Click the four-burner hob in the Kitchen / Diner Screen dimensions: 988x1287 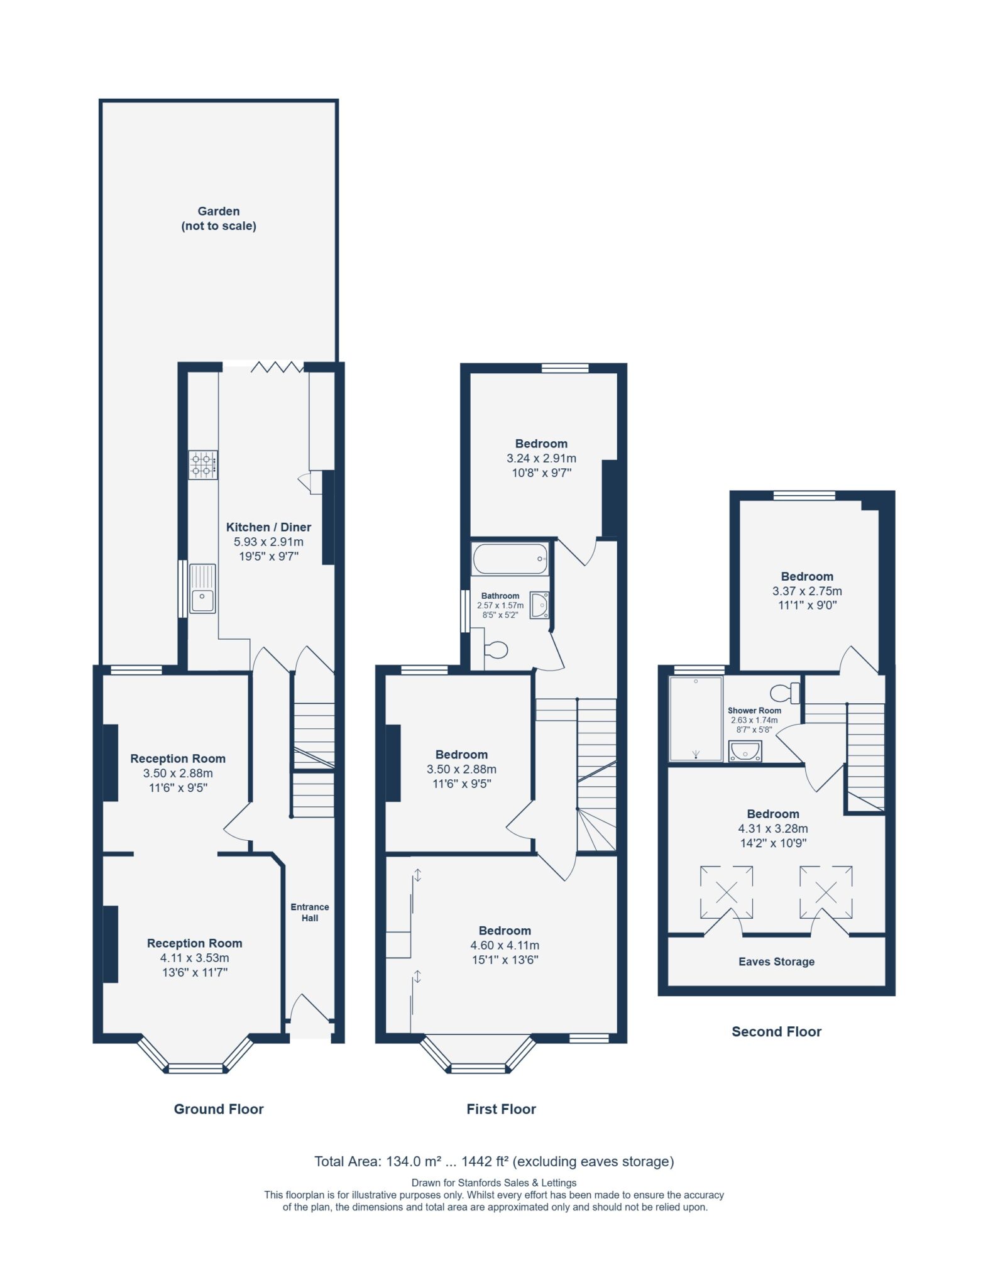pos(203,464)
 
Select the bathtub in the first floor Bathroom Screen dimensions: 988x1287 pos(510,559)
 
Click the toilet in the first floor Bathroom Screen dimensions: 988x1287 pos(495,650)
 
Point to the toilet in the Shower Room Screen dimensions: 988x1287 pos(785,693)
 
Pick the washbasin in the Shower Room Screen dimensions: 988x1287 pos(745,751)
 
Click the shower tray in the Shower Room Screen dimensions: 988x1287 pos(696,718)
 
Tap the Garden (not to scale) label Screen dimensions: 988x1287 pos(219,219)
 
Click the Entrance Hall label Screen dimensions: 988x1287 pos(310,912)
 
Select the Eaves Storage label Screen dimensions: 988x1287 pos(776,961)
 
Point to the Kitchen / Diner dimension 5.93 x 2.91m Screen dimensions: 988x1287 pos(268,542)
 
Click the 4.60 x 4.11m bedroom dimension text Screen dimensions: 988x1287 pos(505,945)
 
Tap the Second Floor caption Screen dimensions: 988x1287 pos(776,1031)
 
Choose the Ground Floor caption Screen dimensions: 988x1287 pos(219,1109)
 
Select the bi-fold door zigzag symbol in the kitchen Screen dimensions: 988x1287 pos(277,367)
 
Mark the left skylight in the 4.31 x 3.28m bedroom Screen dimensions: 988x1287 pos(727,892)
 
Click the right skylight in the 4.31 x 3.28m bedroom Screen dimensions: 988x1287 pos(826,892)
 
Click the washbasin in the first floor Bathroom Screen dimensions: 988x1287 pos(539,605)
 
